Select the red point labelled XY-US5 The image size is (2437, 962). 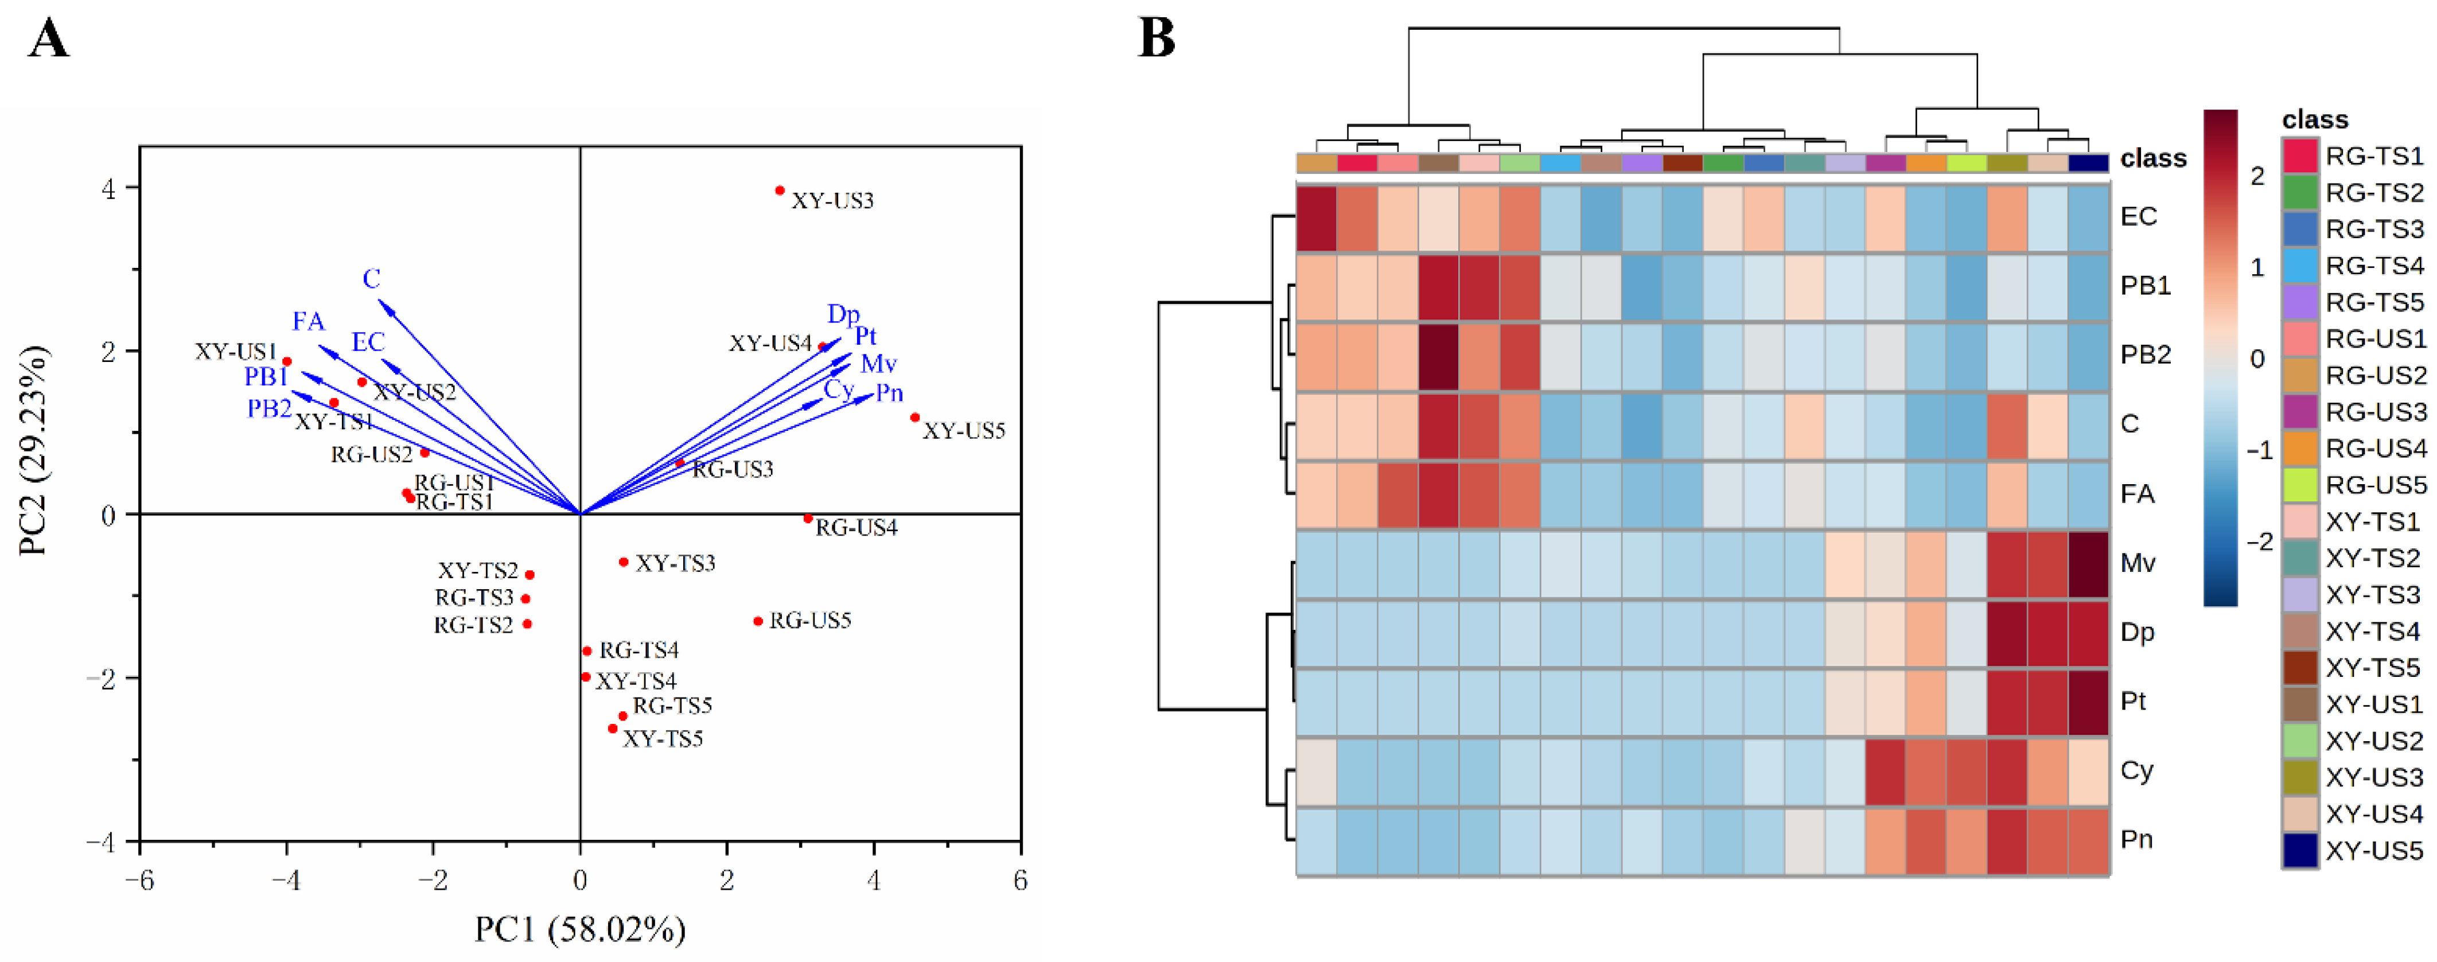pos(915,417)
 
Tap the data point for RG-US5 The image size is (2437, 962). pos(758,621)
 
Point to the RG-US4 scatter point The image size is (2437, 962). pos(808,519)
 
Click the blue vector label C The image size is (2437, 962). pos(372,279)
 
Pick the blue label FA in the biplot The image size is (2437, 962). pos(309,322)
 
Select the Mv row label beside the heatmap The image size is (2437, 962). pos(2137,563)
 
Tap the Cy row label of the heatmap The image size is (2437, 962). pos(2136,770)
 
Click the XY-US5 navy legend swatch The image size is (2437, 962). pos(2300,850)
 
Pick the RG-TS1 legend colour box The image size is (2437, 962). pos(2300,155)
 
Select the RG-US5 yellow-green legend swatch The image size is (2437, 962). pos(2300,484)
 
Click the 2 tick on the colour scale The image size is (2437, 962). pos(2258,176)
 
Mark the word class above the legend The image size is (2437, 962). pos(2315,119)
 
